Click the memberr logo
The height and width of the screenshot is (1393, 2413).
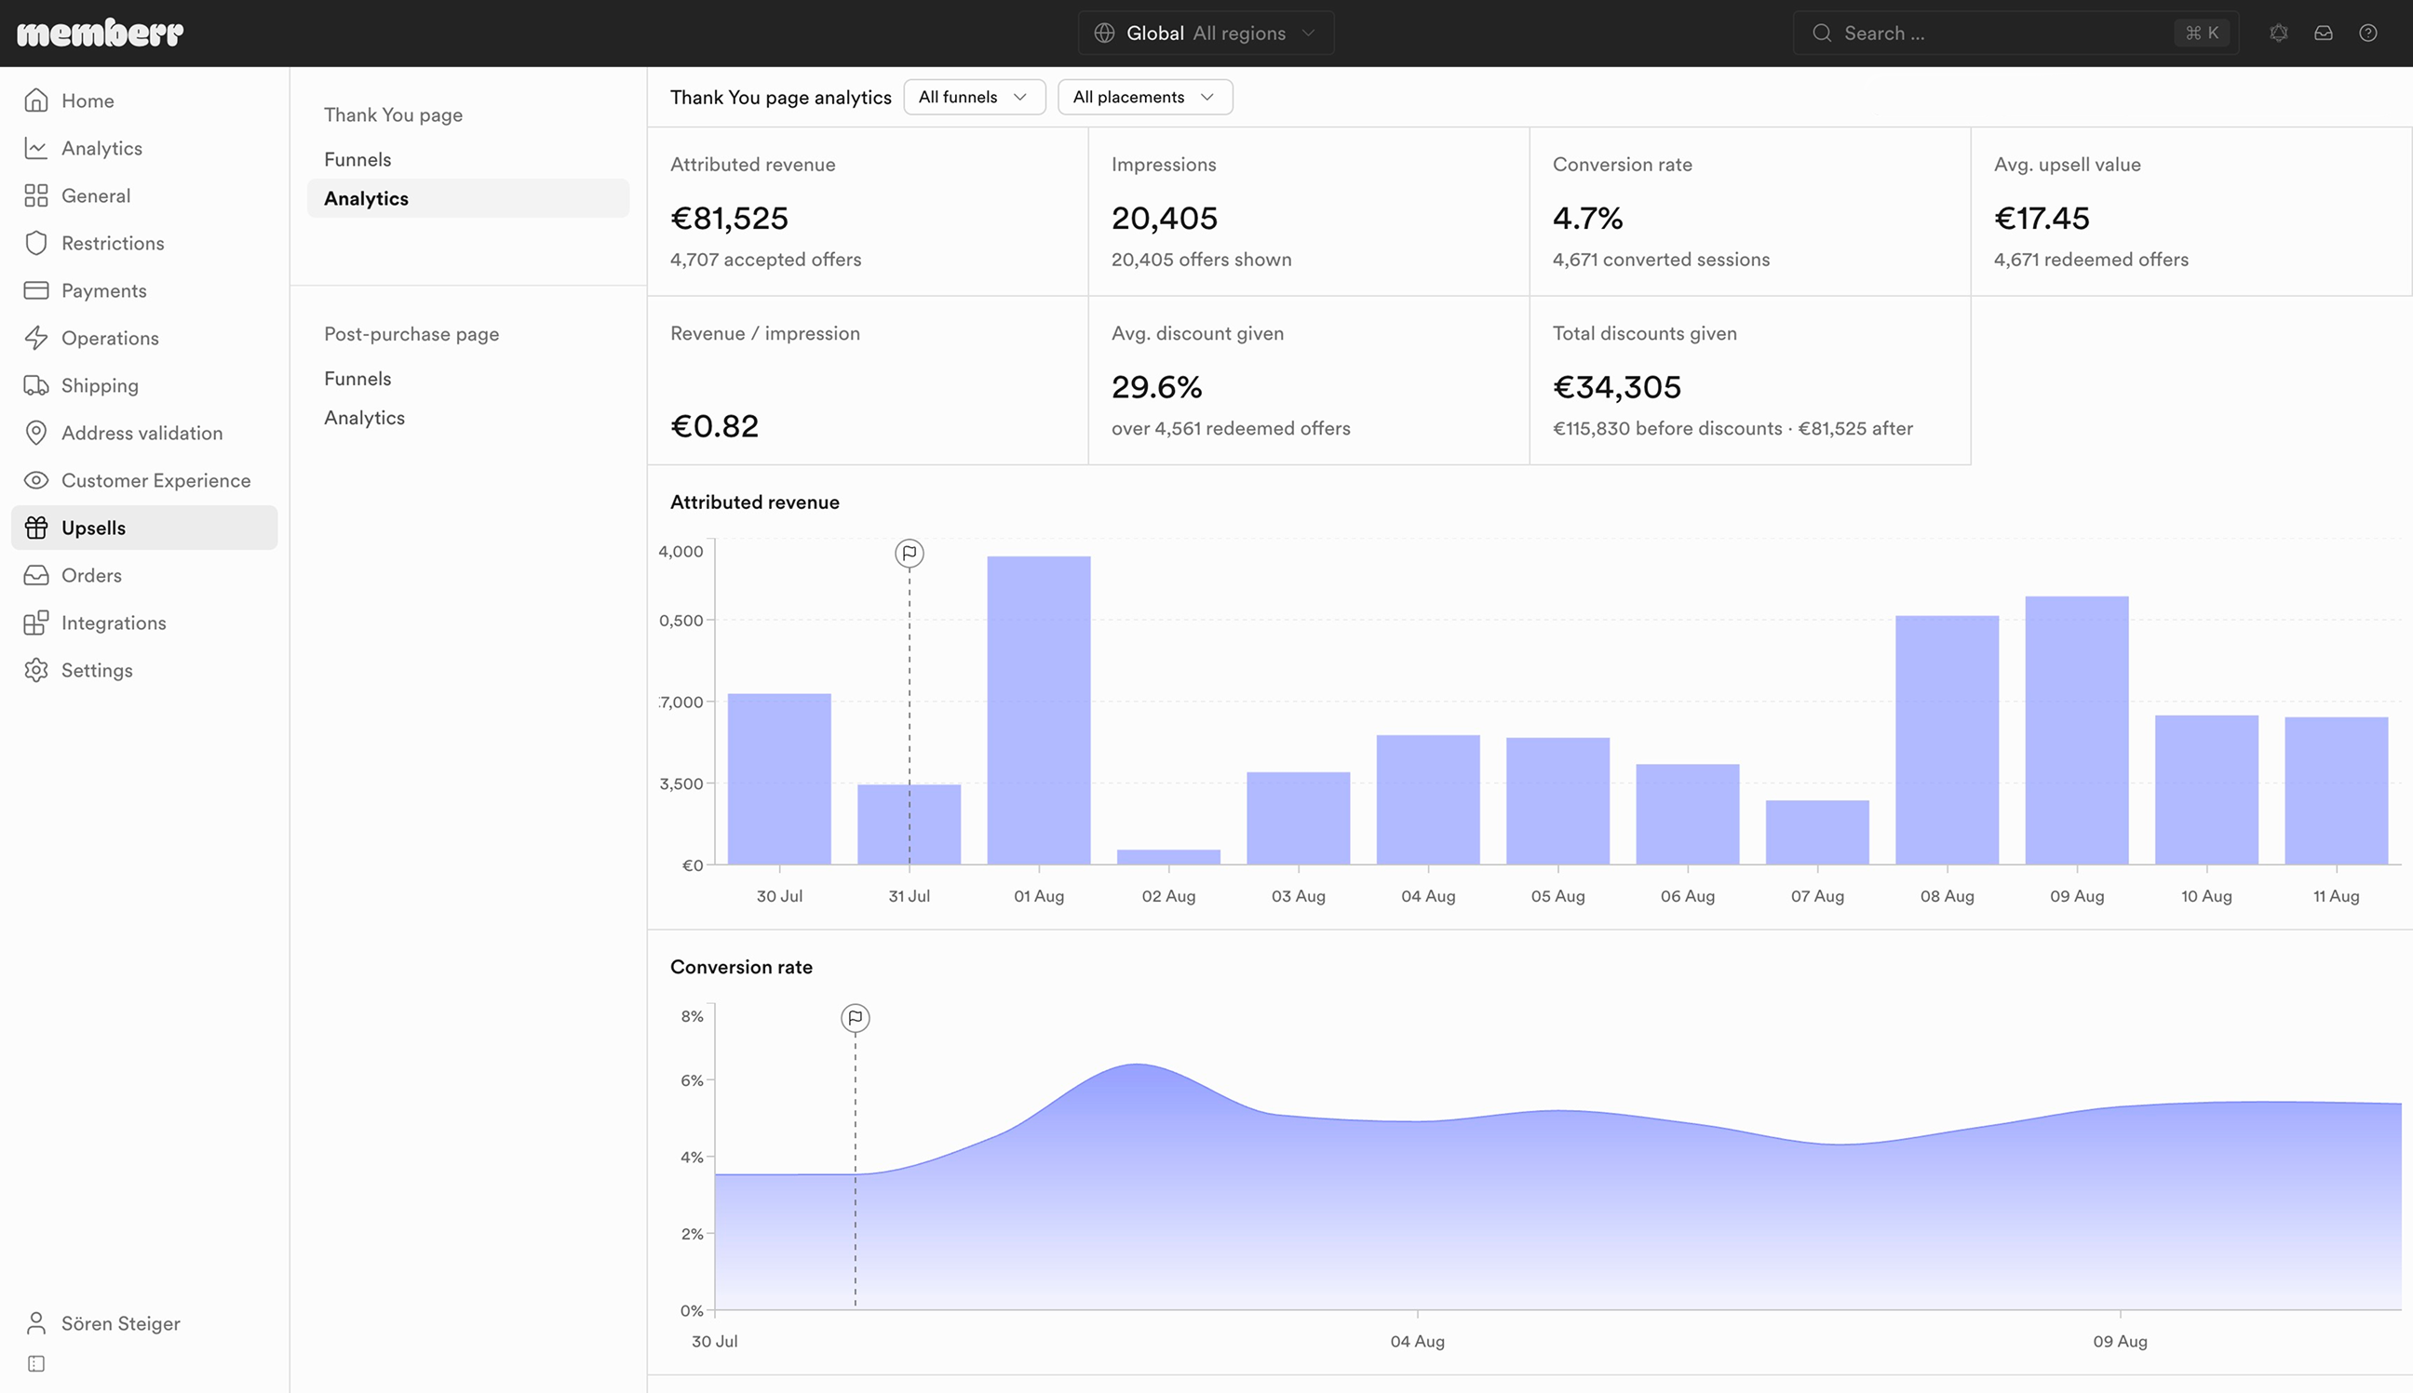point(101,33)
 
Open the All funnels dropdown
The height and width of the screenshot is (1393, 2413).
point(974,97)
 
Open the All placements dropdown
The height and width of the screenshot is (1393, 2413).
point(1145,97)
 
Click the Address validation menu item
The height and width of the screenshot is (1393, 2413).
point(142,433)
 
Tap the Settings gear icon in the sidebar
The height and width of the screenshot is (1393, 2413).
point(36,670)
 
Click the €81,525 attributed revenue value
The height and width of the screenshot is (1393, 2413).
point(729,218)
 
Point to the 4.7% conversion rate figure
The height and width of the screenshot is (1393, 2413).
point(1588,218)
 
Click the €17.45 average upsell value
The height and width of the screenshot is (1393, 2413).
point(2042,218)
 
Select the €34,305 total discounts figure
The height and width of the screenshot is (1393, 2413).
point(1617,386)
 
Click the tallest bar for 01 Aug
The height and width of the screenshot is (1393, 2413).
point(1039,710)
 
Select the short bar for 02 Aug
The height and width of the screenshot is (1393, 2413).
point(1168,857)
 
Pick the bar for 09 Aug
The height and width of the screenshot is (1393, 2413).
point(2077,730)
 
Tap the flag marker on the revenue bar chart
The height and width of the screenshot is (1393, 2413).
point(910,553)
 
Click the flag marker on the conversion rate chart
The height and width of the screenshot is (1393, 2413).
point(856,1018)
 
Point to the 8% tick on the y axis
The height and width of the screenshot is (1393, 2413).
point(692,1016)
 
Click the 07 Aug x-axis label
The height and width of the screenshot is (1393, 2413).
point(1817,896)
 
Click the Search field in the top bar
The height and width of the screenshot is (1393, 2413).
point(2015,33)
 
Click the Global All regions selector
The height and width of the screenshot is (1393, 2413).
point(1206,33)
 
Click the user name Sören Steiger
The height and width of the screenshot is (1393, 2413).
point(121,1323)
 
